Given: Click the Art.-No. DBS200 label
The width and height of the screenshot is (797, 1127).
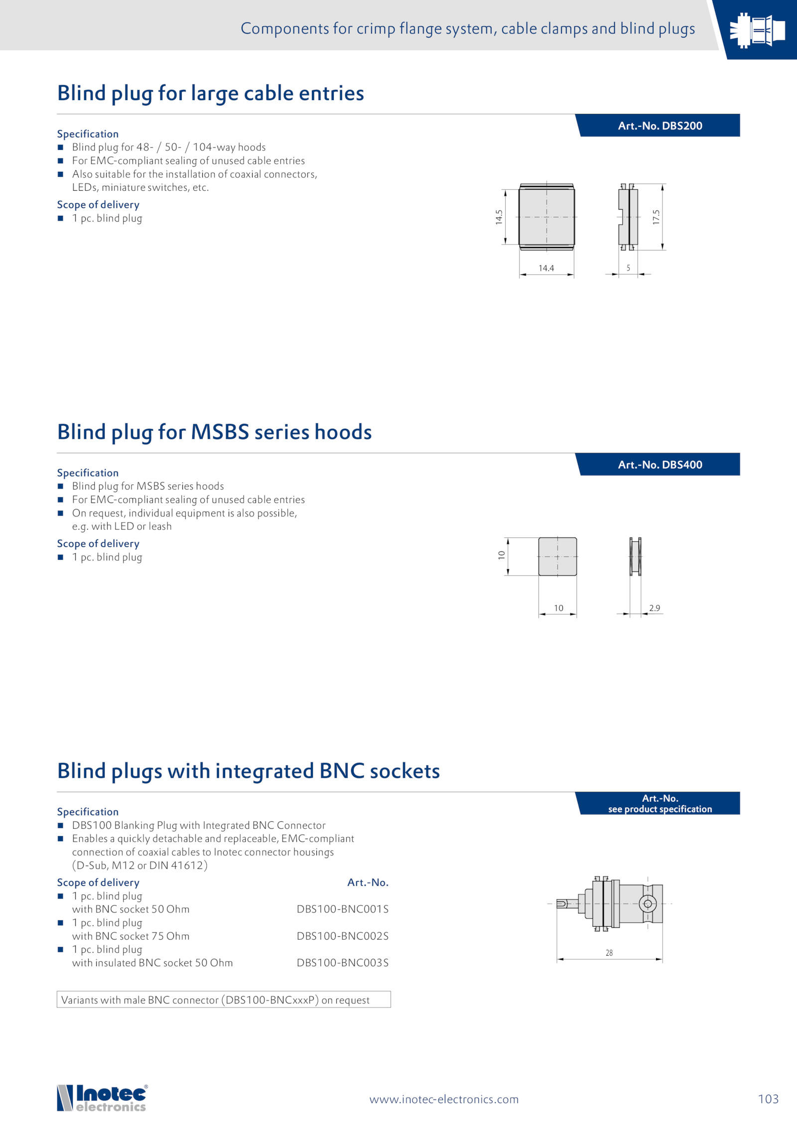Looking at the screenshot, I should pos(660,125).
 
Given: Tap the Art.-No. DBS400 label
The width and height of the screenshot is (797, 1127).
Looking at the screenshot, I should pos(660,465).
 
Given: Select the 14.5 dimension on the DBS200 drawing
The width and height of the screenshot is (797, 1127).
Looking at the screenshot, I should pos(499,217).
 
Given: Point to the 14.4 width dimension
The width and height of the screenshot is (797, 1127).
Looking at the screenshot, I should pos(546,268).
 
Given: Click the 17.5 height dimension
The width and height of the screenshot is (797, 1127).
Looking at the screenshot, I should pos(656,217).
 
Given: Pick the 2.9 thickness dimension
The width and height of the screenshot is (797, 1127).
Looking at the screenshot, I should pos(654,608).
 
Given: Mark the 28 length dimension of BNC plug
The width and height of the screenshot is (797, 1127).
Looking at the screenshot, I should pos(609,953).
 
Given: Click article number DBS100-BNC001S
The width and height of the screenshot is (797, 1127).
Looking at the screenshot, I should pos(342,909).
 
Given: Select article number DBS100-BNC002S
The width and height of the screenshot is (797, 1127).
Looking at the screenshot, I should pos(342,936).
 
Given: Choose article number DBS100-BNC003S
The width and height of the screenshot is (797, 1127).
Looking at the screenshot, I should pos(342,963).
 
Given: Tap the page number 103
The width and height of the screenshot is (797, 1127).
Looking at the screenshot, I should pos(768,1099).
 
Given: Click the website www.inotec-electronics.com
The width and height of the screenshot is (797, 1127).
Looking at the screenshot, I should pos(444,1099).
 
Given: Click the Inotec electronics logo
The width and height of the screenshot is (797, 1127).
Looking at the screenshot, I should pos(102,1098).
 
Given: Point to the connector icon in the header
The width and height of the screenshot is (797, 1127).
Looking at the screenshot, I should pos(757,30).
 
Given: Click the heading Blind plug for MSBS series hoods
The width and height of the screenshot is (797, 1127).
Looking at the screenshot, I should pos(214,432).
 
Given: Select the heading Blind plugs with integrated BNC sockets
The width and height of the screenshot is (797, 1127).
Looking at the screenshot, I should pos(249,771).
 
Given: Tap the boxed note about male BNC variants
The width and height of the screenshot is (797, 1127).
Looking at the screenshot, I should pos(224,1000).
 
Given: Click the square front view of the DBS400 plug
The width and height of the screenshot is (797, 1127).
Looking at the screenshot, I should pos(557,556).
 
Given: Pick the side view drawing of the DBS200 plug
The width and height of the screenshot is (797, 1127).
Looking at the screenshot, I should pos(628,217).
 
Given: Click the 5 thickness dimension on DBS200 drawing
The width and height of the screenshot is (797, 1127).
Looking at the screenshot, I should pos(628,268).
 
